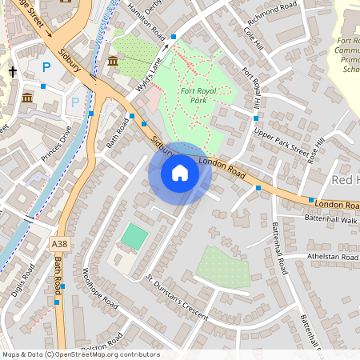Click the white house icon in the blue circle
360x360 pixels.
coord(180,173)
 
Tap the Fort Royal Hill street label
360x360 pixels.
coord(251,86)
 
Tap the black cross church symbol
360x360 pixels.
coord(13,71)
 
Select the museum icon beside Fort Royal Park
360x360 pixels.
coord(113,62)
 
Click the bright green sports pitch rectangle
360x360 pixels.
coord(134,236)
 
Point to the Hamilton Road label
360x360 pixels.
coord(148,21)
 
